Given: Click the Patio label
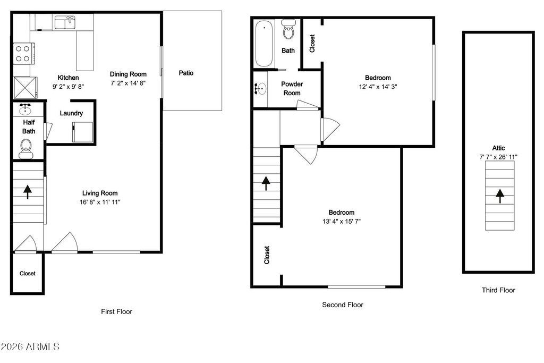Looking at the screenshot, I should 186,73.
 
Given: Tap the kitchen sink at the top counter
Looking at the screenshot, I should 64,22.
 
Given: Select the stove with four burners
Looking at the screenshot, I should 22,53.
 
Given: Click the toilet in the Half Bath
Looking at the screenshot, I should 25,148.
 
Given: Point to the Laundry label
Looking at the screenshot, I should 71,113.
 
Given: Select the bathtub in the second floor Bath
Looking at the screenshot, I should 263,44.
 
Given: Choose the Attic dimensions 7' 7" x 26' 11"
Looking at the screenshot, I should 498,157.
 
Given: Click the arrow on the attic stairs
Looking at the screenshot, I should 499,196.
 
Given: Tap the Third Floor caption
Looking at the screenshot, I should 498,290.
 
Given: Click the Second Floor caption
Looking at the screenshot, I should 343,305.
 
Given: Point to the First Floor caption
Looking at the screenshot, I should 116,312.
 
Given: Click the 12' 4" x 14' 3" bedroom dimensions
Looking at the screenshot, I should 378,87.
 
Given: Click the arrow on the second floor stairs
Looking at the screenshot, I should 266,183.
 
